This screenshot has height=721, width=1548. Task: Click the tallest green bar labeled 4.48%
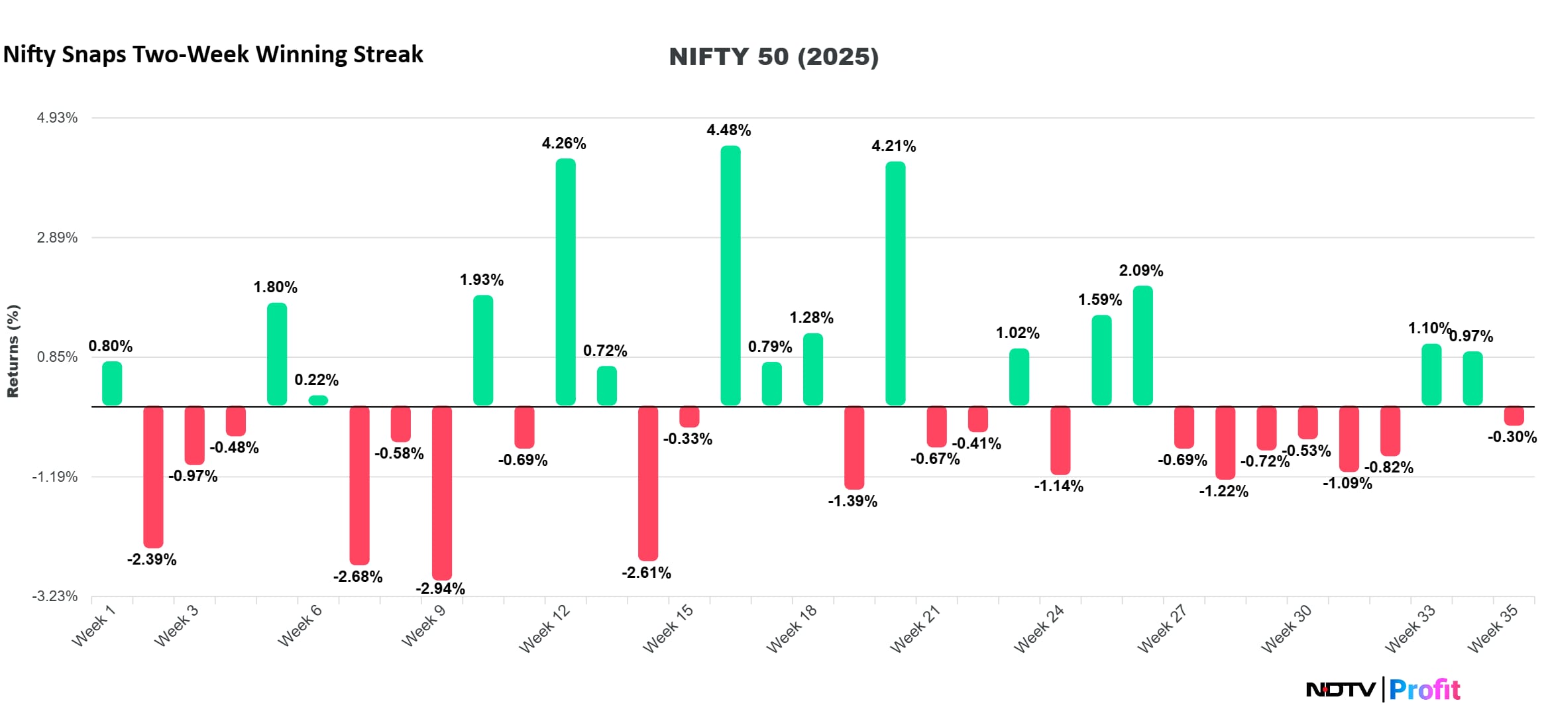tap(730, 275)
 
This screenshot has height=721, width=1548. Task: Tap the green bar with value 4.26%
tap(565, 282)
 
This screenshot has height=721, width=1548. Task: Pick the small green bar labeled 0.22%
tap(318, 400)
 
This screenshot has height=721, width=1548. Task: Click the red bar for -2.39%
tap(153, 476)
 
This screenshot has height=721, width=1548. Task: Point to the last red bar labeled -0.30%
tap(1514, 416)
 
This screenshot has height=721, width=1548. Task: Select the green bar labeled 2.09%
tap(1142, 345)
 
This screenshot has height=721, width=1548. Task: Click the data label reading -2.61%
tap(646, 573)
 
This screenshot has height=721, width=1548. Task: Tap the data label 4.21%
tap(893, 146)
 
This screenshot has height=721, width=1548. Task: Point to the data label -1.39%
tap(852, 501)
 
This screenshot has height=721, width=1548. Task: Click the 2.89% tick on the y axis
tap(57, 237)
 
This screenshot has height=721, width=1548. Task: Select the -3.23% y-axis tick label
tap(55, 596)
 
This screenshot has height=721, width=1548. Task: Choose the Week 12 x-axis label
tap(545, 628)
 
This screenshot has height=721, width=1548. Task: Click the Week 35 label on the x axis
tap(1492, 628)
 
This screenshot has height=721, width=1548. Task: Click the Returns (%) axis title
tap(13, 351)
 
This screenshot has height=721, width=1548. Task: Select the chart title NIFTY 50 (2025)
tap(773, 56)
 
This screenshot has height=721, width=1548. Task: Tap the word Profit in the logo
tap(1424, 690)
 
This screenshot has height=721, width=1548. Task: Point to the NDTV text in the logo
tap(1340, 690)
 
